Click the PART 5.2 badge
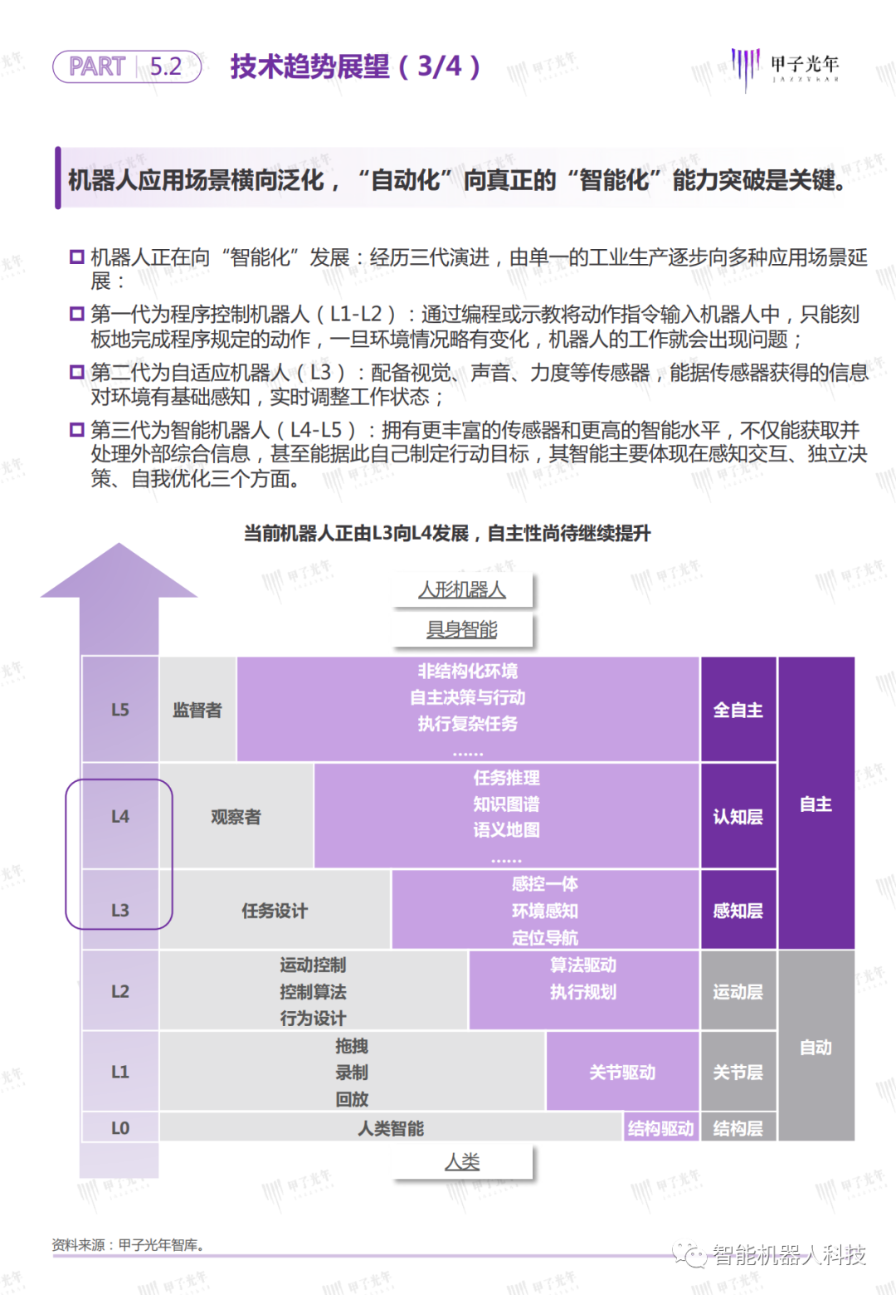point(127,66)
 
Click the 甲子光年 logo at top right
point(785,67)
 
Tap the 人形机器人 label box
point(462,590)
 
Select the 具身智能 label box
point(462,630)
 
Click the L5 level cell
point(120,710)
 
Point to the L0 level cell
point(120,1128)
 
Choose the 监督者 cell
point(197,710)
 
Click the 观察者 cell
point(236,817)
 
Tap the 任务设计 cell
point(275,911)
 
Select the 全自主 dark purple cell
point(738,710)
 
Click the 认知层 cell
point(738,817)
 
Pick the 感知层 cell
point(738,911)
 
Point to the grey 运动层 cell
point(738,991)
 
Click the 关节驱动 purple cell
point(622,1073)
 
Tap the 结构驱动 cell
point(660,1128)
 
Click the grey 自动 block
point(816,1047)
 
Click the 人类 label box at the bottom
point(462,1162)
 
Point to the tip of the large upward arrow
point(119,545)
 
